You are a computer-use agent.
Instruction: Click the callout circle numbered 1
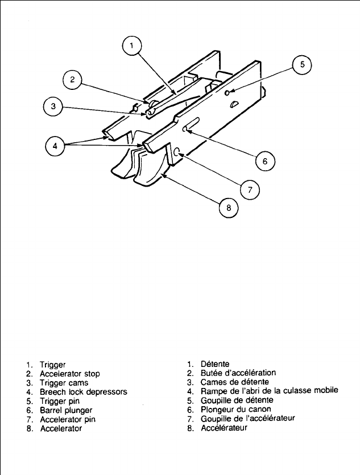pyautogui.click(x=132, y=45)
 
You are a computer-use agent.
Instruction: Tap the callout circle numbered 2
pyautogui.click(x=72, y=80)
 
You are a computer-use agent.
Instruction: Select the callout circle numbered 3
pyautogui.click(x=52, y=107)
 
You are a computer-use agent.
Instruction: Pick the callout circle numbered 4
pyautogui.click(x=55, y=146)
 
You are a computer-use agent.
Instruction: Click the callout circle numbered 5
pyautogui.click(x=302, y=65)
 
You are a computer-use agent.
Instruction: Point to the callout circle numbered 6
pyautogui.click(x=264, y=161)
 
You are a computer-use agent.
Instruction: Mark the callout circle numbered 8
pyautogui.click(x=229, y=208)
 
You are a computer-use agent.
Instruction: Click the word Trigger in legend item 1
pyautogui.click(x=53, y=365)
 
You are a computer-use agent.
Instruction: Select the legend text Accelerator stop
pyautogui.click(x=69, y=374)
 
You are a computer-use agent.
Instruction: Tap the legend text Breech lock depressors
pyautogui.click(x=83, y=392)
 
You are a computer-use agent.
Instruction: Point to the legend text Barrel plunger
pyautogui.click(x=66, y=410)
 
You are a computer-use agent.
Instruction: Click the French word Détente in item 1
pyautogui.click(x=215, y=364)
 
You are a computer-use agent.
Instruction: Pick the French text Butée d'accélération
pyautogui.click(x=238, y=373)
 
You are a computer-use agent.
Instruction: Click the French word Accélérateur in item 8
pyautogui.click(x=224, y=428)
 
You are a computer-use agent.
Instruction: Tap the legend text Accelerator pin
pyautogui.click(x=68, y=419)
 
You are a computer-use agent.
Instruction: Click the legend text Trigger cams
pyautogui.click(x=64, y=383)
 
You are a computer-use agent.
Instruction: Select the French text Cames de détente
pyautogui.click(x=235, y=382)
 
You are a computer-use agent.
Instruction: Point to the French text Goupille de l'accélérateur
pyautogui.click(x=248, y=419)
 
